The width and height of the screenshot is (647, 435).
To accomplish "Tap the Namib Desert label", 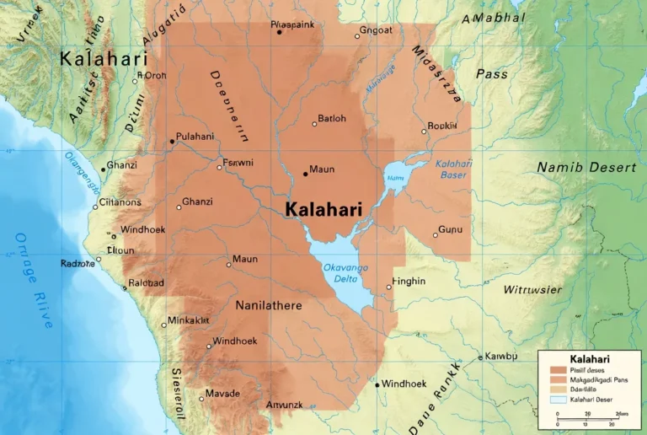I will [x=586, y=168].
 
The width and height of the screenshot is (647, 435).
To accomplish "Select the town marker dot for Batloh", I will [x=315, y=124].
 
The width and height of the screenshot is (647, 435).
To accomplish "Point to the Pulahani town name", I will [x=195, y=137].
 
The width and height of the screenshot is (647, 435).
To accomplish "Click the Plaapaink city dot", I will [x=280, y=32].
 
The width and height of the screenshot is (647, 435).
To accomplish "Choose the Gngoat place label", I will [x=376, y=31].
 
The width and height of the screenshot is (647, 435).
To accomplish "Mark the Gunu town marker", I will [x=436, y=234].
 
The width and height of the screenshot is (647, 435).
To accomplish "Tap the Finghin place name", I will [x=409, y=282].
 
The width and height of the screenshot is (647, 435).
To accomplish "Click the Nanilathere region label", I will [x=269, y=305].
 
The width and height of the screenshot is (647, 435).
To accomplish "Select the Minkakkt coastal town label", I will [x=189, y=320].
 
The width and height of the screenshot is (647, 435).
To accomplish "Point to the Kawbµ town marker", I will [x=480, y=357].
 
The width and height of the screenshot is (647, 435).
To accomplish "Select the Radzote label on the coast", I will [x=78, y=264].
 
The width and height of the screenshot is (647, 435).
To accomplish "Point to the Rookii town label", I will [x=442, y=126].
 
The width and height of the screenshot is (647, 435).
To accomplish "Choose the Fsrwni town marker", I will [x=219, y=167].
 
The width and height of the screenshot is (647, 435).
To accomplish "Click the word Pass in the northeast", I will [x=492, y=74].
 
